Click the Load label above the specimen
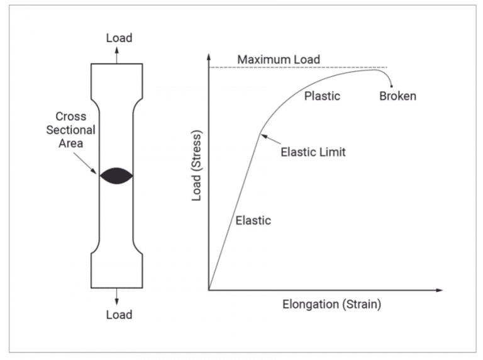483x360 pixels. click(x=119, y=38)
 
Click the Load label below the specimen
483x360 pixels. click(x=119, y=314)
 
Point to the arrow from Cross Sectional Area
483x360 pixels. click(x=87, y=162)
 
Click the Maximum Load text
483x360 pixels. click(x=278, y=60)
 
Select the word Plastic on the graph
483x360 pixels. click(x=322, y=96)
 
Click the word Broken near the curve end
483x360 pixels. click(x=397, y=97)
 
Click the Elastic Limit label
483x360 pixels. click(x=313, y=152)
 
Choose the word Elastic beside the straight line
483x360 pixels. click(x=253, y=220)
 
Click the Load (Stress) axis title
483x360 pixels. click(x=196, y=167)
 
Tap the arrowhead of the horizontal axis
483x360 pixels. click(x=440, y=290)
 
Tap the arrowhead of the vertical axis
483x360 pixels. click(x=208, y=56)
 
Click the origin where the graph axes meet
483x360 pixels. click(x=208, y=290)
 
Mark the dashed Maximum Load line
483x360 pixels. click(x=352, y=68)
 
